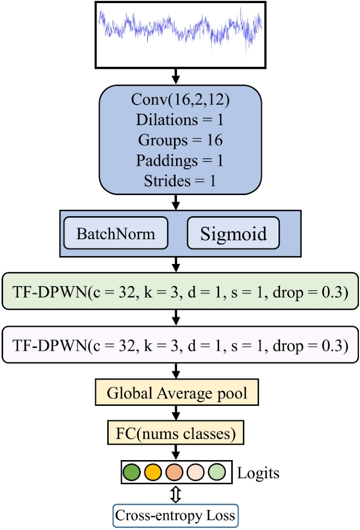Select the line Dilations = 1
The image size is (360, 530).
(x=180, y=120)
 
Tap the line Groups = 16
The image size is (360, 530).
(x=180, y=140)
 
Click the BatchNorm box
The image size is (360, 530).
(x=116, y=232)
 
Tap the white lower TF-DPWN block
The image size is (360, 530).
(x=180, y=345)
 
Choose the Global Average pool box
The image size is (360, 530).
(x=177, y=392)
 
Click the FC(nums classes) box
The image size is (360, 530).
(x=177, y=434)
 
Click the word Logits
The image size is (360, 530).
(x=259, y=473)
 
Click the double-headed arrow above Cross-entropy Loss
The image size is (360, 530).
(x=174, y=494)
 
